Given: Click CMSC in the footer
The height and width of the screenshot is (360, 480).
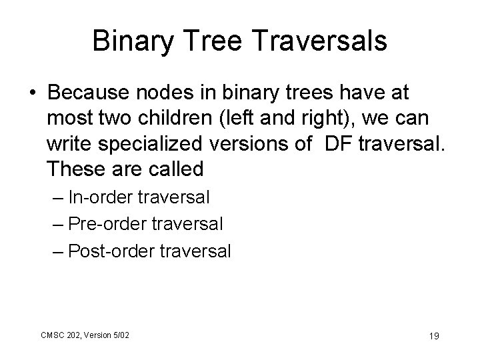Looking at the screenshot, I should (x=50, y=333).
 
